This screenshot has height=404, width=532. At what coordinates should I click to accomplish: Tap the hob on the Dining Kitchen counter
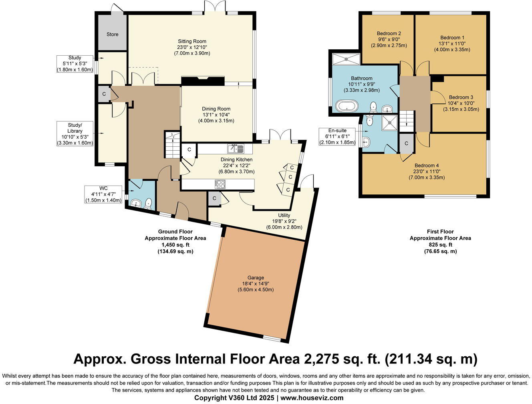coord(220,184)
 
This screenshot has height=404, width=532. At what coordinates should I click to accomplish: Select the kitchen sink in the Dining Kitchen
coord(236,149)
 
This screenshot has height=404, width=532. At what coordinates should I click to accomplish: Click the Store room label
coord(113,34)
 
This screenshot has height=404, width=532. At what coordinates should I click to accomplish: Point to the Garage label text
coord(256,278)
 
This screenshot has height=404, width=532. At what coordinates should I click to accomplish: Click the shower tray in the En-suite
coord(389,123)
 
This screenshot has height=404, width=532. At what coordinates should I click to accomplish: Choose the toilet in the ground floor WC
coord(148,203)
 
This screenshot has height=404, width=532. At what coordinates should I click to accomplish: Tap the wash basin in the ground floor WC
coord(136,203)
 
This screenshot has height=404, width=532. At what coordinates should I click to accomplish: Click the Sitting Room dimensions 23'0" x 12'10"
coord(192,47)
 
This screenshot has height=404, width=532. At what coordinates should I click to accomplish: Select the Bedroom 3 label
coord(461,97)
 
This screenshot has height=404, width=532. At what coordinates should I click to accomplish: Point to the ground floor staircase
coord(172,145)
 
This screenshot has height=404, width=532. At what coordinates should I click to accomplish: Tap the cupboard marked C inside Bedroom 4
coord(406,143)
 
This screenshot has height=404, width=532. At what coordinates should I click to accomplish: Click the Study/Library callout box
coord(75,134)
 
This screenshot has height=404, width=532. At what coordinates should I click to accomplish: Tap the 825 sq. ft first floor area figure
coord(440,244)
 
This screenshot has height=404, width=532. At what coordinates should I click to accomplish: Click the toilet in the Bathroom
coord(373,107)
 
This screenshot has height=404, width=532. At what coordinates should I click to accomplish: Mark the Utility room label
coord(284,215)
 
